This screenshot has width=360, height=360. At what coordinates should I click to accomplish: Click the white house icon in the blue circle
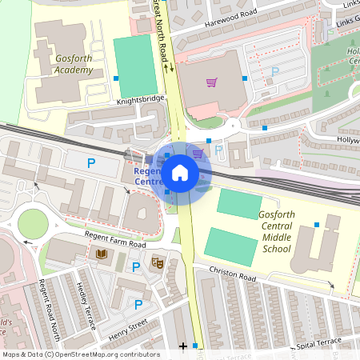tap(180, 172)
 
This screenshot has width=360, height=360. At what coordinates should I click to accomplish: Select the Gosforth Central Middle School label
tap(277, 232)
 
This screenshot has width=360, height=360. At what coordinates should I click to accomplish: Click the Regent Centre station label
tap(147, 177)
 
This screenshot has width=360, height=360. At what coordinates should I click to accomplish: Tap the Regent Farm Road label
tap(114, 239)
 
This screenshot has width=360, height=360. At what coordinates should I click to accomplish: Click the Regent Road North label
tap(50, 308)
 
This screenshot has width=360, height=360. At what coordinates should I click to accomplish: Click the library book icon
tap(102, 255)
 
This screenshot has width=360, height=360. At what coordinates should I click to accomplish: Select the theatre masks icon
tap(158, 262)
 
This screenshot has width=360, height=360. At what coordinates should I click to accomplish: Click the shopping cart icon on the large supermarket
tap(211, 82)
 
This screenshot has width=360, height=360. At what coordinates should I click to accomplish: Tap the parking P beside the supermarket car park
tap(275, 72)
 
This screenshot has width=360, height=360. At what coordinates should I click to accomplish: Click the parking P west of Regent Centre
tap(91, 163)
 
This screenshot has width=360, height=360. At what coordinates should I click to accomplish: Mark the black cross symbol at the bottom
tap(183, 346)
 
